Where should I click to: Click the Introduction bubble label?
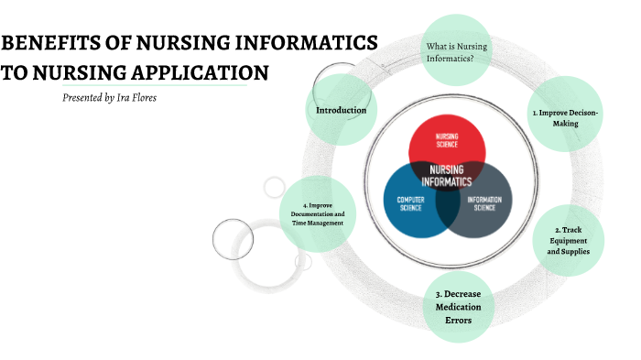(x=341, y=111)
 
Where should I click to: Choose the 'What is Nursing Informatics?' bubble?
(x=457, y=52)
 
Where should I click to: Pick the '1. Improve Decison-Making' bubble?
(x=566, y=116)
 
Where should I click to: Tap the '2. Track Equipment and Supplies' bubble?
(x=568, y=240)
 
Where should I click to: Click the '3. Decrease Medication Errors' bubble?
(x=458, y=306)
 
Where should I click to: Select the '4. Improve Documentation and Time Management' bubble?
(x=315, y=213)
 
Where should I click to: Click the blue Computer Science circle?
(x=407, y=202)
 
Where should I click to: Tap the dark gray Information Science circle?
(x=486, y=202)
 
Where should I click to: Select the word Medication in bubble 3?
(x=458, y=307)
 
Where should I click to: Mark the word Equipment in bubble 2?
(x=568, y=240)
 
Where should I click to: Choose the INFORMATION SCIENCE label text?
(x=485, y=202)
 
